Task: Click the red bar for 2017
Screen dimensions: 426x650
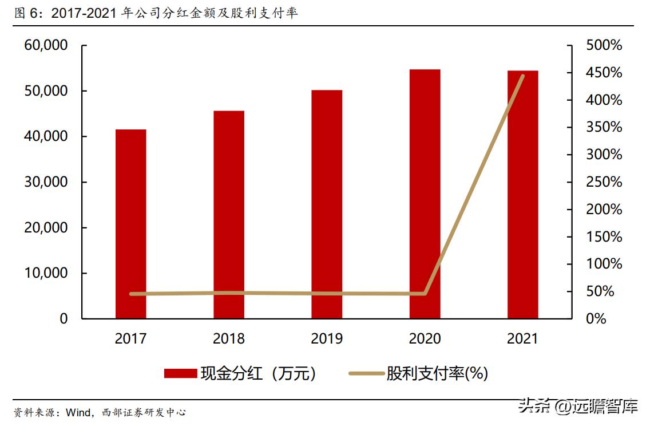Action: click(130, 224)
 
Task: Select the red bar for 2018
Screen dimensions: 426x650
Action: click(229, 215)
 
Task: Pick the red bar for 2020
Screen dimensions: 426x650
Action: click(425, 194)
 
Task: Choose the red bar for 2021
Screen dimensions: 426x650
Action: click(522, 195)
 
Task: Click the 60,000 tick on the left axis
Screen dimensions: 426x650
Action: click(46, 45)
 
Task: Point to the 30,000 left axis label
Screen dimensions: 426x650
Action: click(46, 182)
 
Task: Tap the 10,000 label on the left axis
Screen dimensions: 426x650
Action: click(46, 273)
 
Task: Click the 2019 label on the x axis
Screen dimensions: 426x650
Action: click(327, 339)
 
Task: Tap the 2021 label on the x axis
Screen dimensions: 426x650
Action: click(522, 339)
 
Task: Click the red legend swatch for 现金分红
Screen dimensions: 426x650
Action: click(180, 374)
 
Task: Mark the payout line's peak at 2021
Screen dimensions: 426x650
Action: click(522, 76)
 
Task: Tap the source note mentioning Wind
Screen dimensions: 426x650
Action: click(100, 412)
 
